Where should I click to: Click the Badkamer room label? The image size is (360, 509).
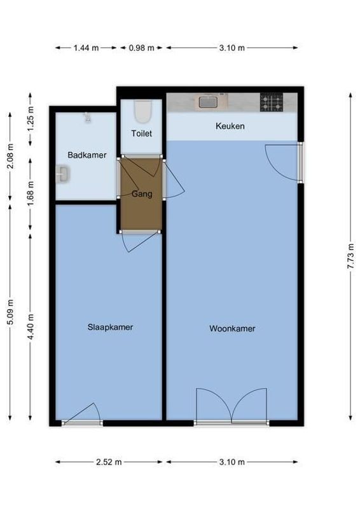pyautogui.click(x=87, y=155)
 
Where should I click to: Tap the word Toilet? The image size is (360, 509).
pyautogui.click(x=141, y=134)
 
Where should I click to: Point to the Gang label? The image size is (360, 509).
pyautogui.click(x=141, y=194)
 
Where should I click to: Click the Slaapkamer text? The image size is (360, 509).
pyautogui.click(x=110, y=328)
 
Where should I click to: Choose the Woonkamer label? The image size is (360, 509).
pyautogui.click(x=232, y=329)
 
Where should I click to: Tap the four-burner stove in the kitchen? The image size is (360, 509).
pyautogui.click(x=271, y=102)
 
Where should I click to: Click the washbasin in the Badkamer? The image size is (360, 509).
pyautogui.click(x=62, y=174)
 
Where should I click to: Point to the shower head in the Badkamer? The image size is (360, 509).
pyautogui.click(x=88, y=116)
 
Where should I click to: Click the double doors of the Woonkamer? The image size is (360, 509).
pyautogui.click(x=232, y=406)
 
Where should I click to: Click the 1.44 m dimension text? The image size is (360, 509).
pyautogui.click(x=87, y=48)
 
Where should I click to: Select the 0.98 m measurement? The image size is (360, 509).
pyautogui.click(x=141, y=48)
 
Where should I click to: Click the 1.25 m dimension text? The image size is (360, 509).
pyautogui.click(x=31, y=118)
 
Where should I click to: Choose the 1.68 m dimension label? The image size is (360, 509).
pyautogui.click(x=31, y=188)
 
